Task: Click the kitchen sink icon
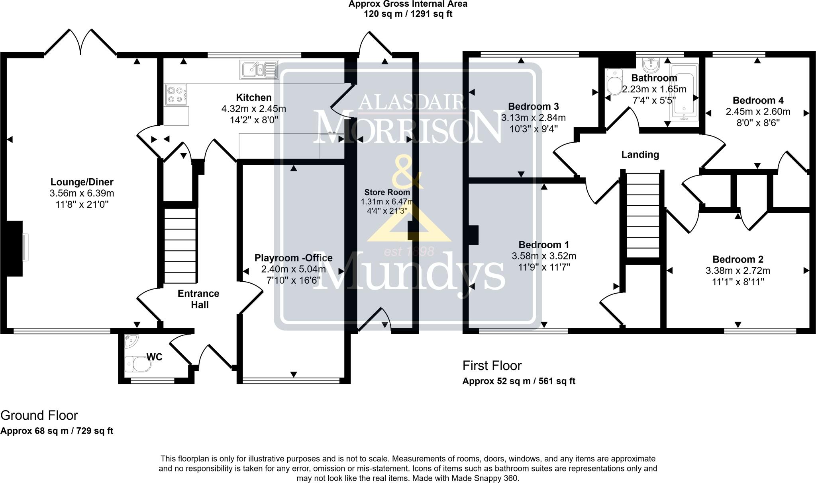(x=259, y=70)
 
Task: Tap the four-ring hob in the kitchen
(x=176, y=95)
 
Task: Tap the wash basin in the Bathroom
(x=652, y=65)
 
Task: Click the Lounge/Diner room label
(x=82, y=182)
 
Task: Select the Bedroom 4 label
(x=758, y=100)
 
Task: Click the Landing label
(x=640, y=154)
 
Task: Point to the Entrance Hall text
(x=198, y=299)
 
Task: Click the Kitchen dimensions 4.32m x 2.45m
(x=253, y=109)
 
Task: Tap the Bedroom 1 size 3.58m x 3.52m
(x=543, y=256)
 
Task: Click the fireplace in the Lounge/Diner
(x=16, y=248)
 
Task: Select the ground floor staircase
(x=180, y=245)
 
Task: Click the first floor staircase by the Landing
(x=643, y=215)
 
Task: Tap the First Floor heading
(x=492, y=365)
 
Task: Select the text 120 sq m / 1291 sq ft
(x=408, y=14)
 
